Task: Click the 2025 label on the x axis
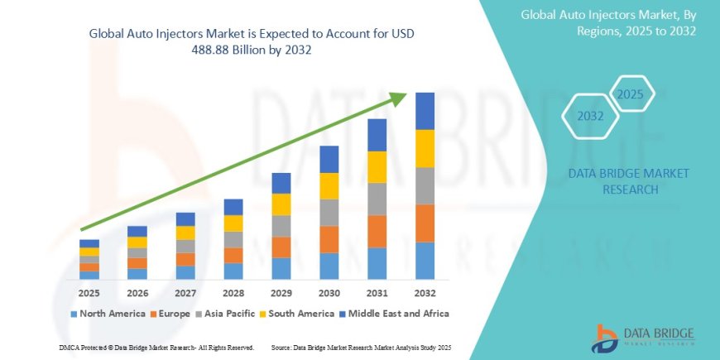click(x=89, y=293)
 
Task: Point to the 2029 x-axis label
click(x=281, y=293)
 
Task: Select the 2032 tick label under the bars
click(x=425, y=293)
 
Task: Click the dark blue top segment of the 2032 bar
click(x=425, y=111)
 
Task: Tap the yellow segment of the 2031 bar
click(x=377, y=167)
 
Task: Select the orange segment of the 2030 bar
click(x=329, y=239)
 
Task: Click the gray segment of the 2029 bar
click(x=281, y=226)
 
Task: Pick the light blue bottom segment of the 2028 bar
click(x=233, y=271)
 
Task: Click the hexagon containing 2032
click(x=591, y=117)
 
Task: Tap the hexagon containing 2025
click(x=631, y=94)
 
